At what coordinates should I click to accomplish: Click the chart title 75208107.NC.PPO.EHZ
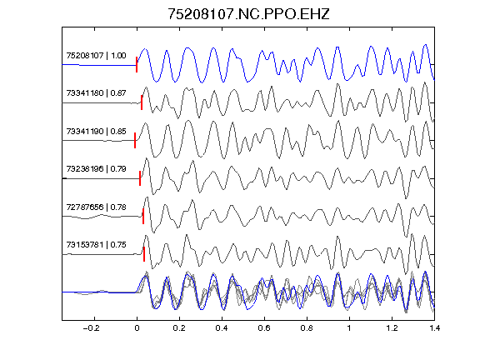pos(248,14)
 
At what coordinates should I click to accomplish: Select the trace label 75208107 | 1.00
pos(96,55)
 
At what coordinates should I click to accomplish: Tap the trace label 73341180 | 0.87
pos(96,93)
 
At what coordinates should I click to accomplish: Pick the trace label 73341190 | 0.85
pos(96,132)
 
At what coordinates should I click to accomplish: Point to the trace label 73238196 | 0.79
pos(96,169)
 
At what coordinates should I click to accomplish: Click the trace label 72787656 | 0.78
pos(96,207)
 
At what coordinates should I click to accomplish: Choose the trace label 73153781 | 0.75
pos(96,245)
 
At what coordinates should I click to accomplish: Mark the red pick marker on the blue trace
pos(137,65)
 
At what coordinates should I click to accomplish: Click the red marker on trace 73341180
pos(142,102)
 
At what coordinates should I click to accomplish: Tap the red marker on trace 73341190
pos(135,141)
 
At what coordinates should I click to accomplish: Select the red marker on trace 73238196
pos(140,178)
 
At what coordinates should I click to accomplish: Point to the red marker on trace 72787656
pos(143,216)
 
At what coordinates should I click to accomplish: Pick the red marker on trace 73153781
pos(144,254)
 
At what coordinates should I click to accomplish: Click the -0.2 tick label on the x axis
pos(92,328)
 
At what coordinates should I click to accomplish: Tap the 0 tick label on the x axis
pos(137,328)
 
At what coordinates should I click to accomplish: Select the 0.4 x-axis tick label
pos(222,328)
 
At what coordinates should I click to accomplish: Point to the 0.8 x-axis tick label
pos(307,328)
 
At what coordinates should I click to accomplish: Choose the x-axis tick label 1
pos(349,328)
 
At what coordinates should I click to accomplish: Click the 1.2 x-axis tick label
pos(392,328)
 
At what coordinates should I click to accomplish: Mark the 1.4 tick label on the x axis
pos(434,328)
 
